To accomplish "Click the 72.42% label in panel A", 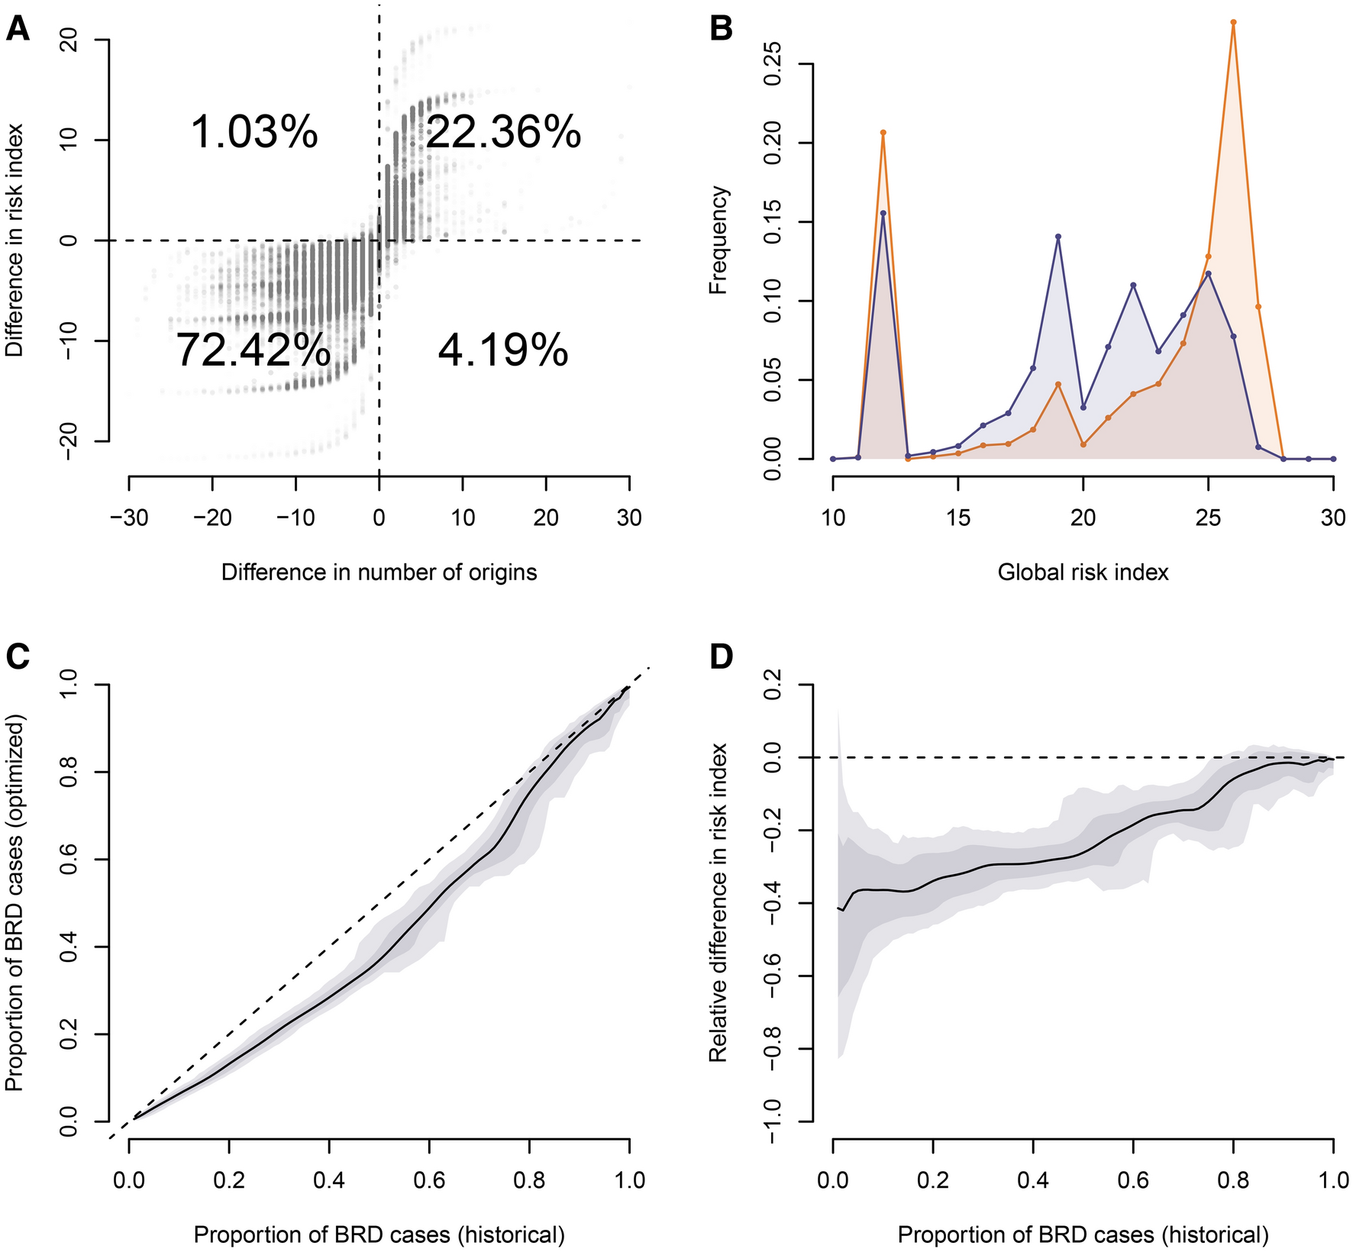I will click(x=253, y=350).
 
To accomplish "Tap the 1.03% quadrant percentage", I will click(x=253, y=132).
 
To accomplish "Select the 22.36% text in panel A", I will click(x=503, y=132).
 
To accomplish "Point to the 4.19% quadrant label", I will click(x=503, y=351).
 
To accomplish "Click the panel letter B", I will click(x=721, y=29).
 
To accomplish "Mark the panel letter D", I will click(x=721, y=657).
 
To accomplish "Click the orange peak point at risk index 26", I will click(x=1233, y=22).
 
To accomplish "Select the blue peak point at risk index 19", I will click(x=1058, y=237).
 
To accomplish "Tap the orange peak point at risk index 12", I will click(x=883, y=133).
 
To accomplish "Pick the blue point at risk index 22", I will click(x=1133, y=285).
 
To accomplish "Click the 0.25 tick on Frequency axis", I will click(x=771, y=65).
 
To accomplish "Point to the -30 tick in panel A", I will click(x=128, y=518).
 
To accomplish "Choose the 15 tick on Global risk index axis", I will click(x=958, y=518).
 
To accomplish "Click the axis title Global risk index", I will click(x=1083, y=572).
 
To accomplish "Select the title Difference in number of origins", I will click(x=379, y=572).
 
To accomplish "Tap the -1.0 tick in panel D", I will click(x=771, y=1122).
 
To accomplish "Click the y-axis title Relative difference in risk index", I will click(x=718, y=903).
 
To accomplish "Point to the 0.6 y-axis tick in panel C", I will click(x=67, y=860).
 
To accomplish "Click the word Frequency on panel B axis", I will click(x=718, y=240).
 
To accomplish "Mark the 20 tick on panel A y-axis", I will click(x=67, y=40).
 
